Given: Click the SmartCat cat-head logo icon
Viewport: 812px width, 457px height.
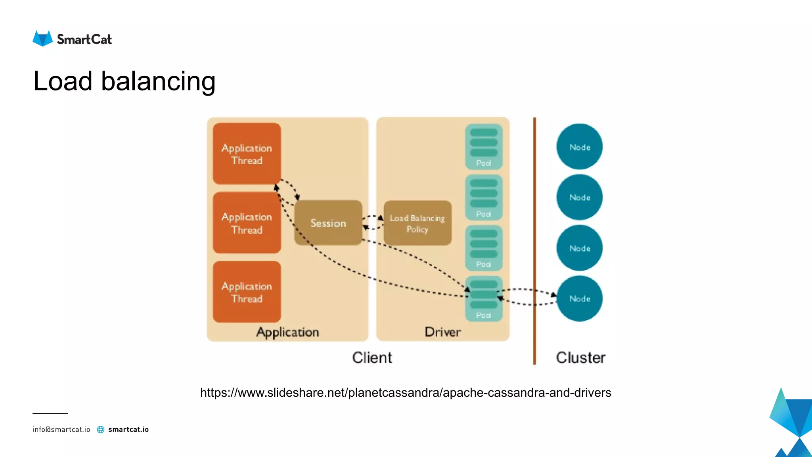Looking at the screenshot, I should tap(42, 38).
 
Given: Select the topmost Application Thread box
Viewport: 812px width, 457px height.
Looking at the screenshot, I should tap(247, 154).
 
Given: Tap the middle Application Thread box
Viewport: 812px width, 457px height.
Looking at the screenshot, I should tap(247, 223).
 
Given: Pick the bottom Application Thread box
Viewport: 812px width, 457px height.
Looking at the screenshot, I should tap(247, 292).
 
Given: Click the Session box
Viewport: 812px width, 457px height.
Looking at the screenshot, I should tap(328, 223).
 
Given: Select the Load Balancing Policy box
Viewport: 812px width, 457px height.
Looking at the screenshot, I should tap(417, 223).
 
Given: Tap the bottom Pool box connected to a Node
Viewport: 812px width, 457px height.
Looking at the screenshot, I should tap(483, 298).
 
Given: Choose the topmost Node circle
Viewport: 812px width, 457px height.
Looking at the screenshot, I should tap(579, 147).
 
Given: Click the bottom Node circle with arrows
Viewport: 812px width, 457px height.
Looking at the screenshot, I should tap(579, 299).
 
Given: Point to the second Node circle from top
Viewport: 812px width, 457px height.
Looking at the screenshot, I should tap(579, 197).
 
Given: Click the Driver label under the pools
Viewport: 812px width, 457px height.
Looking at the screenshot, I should tap(442, 332).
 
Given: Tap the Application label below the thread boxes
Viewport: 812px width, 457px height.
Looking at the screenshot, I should tap(287, 332).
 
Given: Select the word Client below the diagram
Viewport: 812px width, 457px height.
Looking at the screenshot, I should tap(372, 357).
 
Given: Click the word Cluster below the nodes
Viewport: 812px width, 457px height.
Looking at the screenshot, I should tap(580, 357).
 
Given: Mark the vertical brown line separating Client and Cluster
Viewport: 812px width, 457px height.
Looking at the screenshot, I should tap(534, 238).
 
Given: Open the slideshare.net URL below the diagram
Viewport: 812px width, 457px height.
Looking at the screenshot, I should tap(405, 392).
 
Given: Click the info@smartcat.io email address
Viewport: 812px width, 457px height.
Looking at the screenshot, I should tap(61, 430).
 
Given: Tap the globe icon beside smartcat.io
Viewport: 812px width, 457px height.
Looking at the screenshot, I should tap(101, 430).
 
